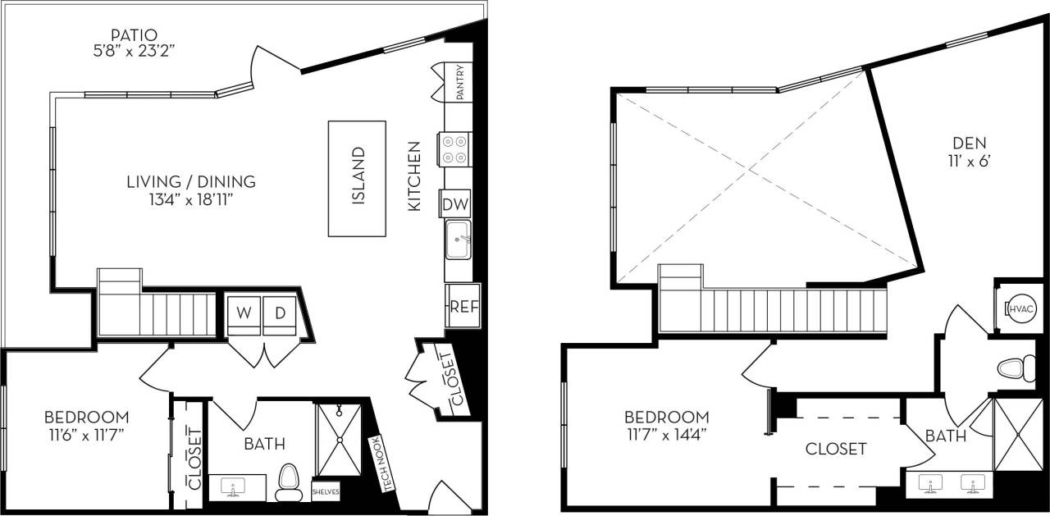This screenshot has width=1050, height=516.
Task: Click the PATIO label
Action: (135, 34)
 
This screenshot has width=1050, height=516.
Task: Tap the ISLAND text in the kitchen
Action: (358, 176)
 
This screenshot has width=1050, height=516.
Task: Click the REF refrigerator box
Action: (463, 307)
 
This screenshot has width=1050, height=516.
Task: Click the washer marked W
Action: (244, 313)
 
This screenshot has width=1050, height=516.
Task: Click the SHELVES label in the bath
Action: (326, 493)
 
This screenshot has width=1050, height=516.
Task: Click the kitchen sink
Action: (459, 239)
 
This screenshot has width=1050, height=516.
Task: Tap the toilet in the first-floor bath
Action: (288, 482)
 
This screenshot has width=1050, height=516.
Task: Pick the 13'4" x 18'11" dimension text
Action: (190, 198)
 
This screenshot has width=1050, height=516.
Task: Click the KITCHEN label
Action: (414, 176)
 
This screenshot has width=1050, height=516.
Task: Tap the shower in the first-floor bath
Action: (339, 440)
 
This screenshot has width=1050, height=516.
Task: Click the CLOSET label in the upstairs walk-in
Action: (835, 449)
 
